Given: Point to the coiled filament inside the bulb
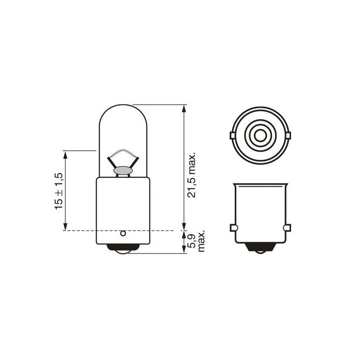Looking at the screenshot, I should [x=123, y=152].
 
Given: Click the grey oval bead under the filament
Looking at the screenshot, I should [x=123, y=171].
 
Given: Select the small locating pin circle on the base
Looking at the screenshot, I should [x=123, y=233].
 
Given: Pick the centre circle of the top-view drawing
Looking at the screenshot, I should [x=260, y=134].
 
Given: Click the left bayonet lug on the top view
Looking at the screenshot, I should [x=231, y=135].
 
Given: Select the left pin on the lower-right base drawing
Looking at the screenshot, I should [x=233, y=228].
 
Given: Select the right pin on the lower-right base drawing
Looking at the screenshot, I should [x=287, y=228].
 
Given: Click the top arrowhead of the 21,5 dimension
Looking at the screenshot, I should [x=184, y=109].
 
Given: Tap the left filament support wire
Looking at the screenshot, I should [x=112, y=162].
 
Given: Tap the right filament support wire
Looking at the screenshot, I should [x=134, y=162].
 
